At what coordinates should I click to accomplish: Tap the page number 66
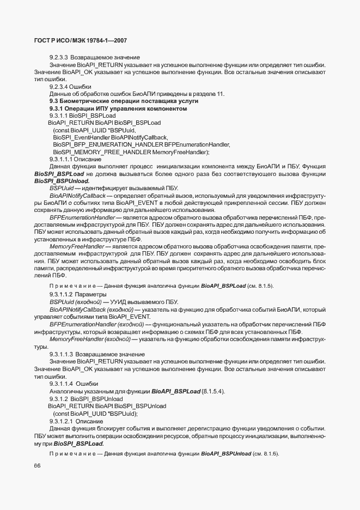[38, 465]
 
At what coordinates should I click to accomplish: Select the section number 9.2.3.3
[58, 58]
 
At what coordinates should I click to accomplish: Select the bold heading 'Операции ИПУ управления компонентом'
[125, 108]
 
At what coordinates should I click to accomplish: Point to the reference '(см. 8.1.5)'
[262, 286]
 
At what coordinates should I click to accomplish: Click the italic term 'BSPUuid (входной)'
[76, 301]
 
